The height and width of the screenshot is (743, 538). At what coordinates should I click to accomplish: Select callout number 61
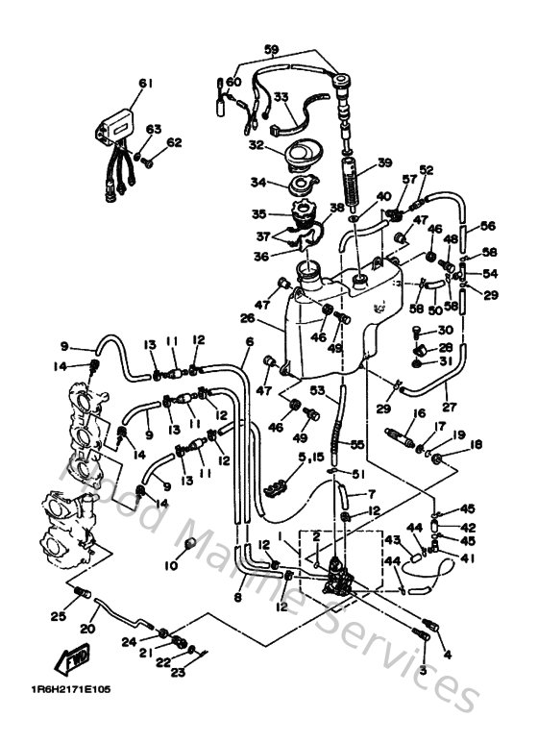pos(145,84)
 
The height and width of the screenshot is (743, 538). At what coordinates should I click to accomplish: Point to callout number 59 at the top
pos(271,49)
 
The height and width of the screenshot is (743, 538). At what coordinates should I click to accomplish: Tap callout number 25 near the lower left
pos(57,616)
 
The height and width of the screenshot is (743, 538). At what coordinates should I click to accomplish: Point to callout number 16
pos(419,413)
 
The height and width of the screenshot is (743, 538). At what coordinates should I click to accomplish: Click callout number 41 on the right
pos(468,557)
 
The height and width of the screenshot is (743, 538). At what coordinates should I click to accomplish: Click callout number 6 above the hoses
pos(249,341)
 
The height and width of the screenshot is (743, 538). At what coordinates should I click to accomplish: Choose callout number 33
pos(281,96)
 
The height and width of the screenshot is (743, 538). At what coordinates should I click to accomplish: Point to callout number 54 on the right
pos(490,274)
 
